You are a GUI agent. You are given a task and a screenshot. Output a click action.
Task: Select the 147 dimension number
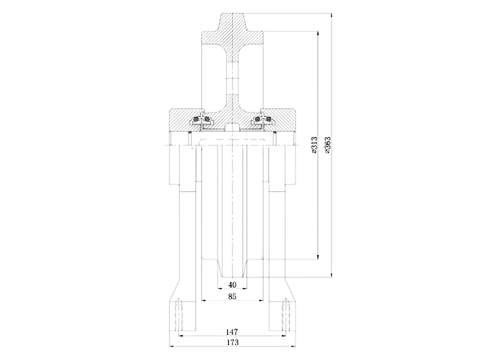[x=231, y=331]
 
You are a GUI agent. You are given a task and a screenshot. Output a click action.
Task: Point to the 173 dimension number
[x=231, y=342]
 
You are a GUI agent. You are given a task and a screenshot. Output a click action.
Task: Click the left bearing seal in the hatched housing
[x=200, y=121]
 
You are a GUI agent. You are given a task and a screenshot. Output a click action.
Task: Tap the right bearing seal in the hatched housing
[x=262, y=121]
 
